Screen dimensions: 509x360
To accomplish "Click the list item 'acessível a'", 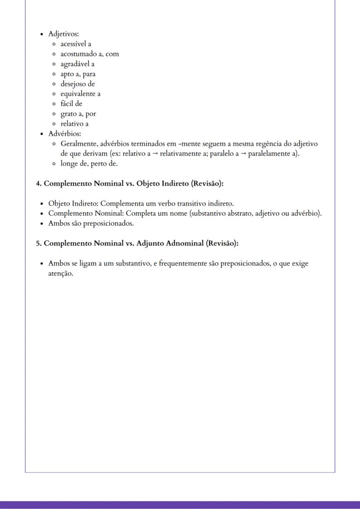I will pyautogui.click(x=76, y=44).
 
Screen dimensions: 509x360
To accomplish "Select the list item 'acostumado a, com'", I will pyautogui.click(x=90, y=54).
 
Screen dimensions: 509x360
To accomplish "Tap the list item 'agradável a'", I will pyautogui.click(x=77, y=64).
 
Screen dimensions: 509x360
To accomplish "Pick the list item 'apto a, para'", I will pyautogui.click(x=78, y=74).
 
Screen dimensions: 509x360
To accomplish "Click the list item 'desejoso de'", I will pyautogui.click(x=77, y=84).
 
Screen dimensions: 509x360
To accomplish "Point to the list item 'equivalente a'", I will pyautogui.click(x=80, y=94).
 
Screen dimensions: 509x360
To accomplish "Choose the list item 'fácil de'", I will pyautogui.click(x=71, y=104).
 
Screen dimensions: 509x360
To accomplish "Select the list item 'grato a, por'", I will pyautogui.click(x=78, y=114).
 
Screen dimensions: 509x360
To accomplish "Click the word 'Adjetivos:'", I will pyautogui.click(x=63, y=34).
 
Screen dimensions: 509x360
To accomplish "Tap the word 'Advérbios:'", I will pyautogui.click(x=65, y=134).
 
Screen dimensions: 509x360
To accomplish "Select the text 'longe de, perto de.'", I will pyautogui.click(x=89, y=164).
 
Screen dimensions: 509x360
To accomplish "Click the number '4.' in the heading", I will pyautogui.click(x=39, y=183).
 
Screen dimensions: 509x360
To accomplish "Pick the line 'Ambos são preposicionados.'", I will pyautogui.click(x=91, y=223).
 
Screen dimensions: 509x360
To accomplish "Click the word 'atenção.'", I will pyautogui.click(x=61, y=274).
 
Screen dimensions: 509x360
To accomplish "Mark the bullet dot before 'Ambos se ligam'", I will pyautogui.click(x=41, y=264).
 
